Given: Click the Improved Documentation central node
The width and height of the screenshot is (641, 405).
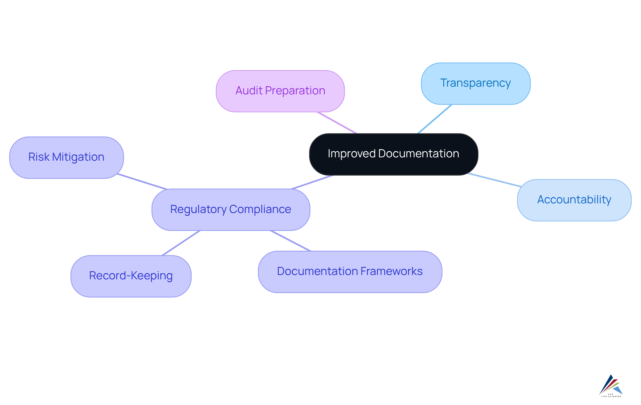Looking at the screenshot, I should click(x=393, y=154).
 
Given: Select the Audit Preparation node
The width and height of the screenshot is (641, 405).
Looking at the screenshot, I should click(x=280, y=91).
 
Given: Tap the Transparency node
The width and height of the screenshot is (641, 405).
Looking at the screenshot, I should click(x=475, y=83).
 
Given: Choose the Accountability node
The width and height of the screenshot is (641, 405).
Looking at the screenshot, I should click(x=574, y=200).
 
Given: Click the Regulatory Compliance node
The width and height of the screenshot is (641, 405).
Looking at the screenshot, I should click(x=231, y=210).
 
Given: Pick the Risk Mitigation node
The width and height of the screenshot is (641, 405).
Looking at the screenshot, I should click(x=66, y=157).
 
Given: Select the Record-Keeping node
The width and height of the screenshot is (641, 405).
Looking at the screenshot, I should click(x=131, y=276).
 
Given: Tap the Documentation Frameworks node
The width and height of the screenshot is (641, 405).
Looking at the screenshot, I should click(x=350, y=272).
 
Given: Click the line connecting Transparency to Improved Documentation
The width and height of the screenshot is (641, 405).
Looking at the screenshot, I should click(x=435, y=119).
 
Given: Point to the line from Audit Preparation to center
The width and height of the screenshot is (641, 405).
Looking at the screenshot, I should click(x=337, y=123).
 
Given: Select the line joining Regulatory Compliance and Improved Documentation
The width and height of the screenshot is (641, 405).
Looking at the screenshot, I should click(x=312, y=182).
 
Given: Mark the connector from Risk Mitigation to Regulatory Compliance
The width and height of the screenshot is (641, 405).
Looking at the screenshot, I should click(x=142, y=181).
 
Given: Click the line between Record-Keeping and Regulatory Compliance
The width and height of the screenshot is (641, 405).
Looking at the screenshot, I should click(x=181, y=243).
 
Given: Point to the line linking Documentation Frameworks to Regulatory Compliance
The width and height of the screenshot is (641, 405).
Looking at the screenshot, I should click(x=290, y=241).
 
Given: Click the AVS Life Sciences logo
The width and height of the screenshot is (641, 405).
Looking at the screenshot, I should click(x=611, y=386).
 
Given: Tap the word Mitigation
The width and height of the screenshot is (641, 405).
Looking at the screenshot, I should click(x=78, y=157).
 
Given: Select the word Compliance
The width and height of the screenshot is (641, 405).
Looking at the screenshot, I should click(x=260, y=209).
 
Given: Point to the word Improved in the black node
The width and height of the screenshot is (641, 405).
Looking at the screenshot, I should click(x=352, y=154).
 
